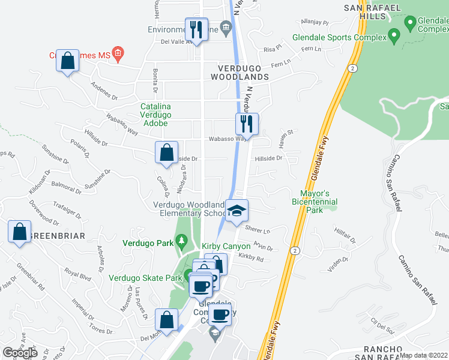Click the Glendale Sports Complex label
[x=339, y=37]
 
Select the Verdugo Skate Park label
[x=145, y=277]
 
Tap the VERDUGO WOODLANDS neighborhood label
[x=240, y=77]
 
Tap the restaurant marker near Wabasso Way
[x=246, y=124]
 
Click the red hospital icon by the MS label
[x=118, y=55]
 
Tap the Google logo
[x=20, y=352]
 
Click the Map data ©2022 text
[x=424, y=355]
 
